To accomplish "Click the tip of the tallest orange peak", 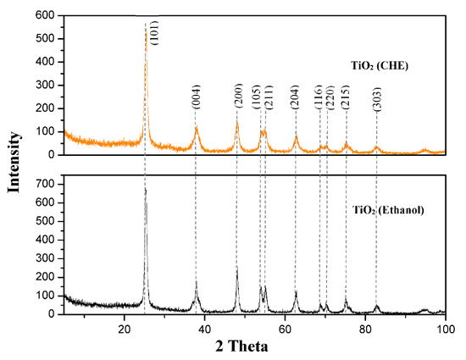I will pyautogui.click(x=145, y=25).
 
